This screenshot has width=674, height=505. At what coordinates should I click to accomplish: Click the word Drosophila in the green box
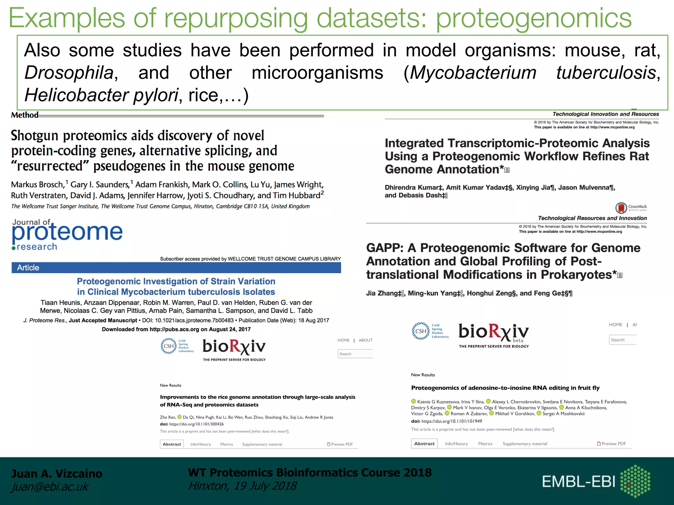pos(69,73)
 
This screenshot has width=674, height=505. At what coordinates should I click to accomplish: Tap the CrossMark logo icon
pos(621,208)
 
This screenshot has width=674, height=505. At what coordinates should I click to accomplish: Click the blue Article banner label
pos(28,268)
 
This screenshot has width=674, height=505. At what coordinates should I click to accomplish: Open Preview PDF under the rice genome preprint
pos(340,444)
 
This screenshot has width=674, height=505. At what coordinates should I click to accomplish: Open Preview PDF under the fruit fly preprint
pos(612,444)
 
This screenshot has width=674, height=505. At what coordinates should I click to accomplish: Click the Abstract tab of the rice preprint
pos(172,444)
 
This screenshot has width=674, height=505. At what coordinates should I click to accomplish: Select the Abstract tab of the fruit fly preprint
pos(424,444)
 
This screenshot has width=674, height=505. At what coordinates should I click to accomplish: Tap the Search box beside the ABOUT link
pos(355,354)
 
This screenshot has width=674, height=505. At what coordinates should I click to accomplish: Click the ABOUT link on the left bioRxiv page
pos(366,340)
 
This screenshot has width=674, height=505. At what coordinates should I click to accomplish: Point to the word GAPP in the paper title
pos(384,248)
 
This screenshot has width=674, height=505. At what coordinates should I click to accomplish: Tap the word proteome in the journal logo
pos(67,232)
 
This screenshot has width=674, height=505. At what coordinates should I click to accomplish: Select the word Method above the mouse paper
pos(25,115)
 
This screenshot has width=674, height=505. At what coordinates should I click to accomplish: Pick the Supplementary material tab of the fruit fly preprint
pos(525,444)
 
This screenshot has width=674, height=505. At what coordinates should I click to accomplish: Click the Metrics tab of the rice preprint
pos(226,444)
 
